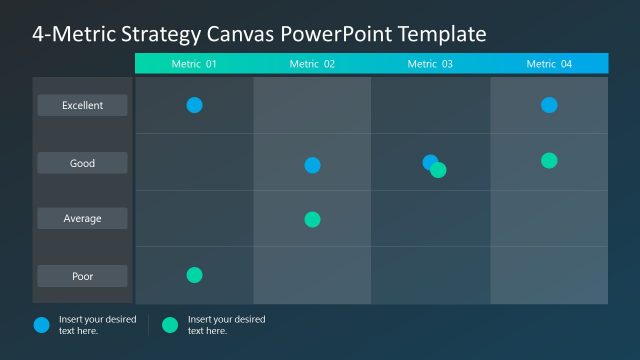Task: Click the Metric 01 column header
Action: [194, 64]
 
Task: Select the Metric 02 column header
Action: [312, 64]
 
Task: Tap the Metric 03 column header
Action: [430, 64]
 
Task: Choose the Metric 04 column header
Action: [549, 64]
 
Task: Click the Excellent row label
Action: [82, 105]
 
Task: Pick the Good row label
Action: [82, 163]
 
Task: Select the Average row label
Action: [82, 218]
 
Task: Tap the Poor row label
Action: [82, 275]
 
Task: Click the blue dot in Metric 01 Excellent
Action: [194, 105]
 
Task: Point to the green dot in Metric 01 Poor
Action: [194, 275]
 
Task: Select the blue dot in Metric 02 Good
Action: [312, 165]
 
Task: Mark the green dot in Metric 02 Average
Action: [312, 219]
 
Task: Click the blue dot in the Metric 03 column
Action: [428, 161]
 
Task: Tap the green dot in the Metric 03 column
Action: [439, 170]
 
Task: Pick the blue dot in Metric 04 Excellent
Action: [549, 105]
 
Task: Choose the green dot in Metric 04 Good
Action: [549, 160]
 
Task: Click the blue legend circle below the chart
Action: [41, 324]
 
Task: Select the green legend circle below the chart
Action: [170, 324]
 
